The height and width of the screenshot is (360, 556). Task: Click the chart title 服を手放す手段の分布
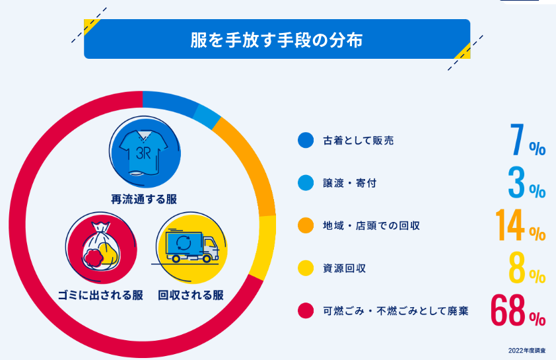tap(277, 38)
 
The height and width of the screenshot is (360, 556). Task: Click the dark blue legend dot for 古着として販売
tap(305, 141)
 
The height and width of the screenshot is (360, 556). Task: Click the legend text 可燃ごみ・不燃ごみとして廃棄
tap(396, 310)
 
